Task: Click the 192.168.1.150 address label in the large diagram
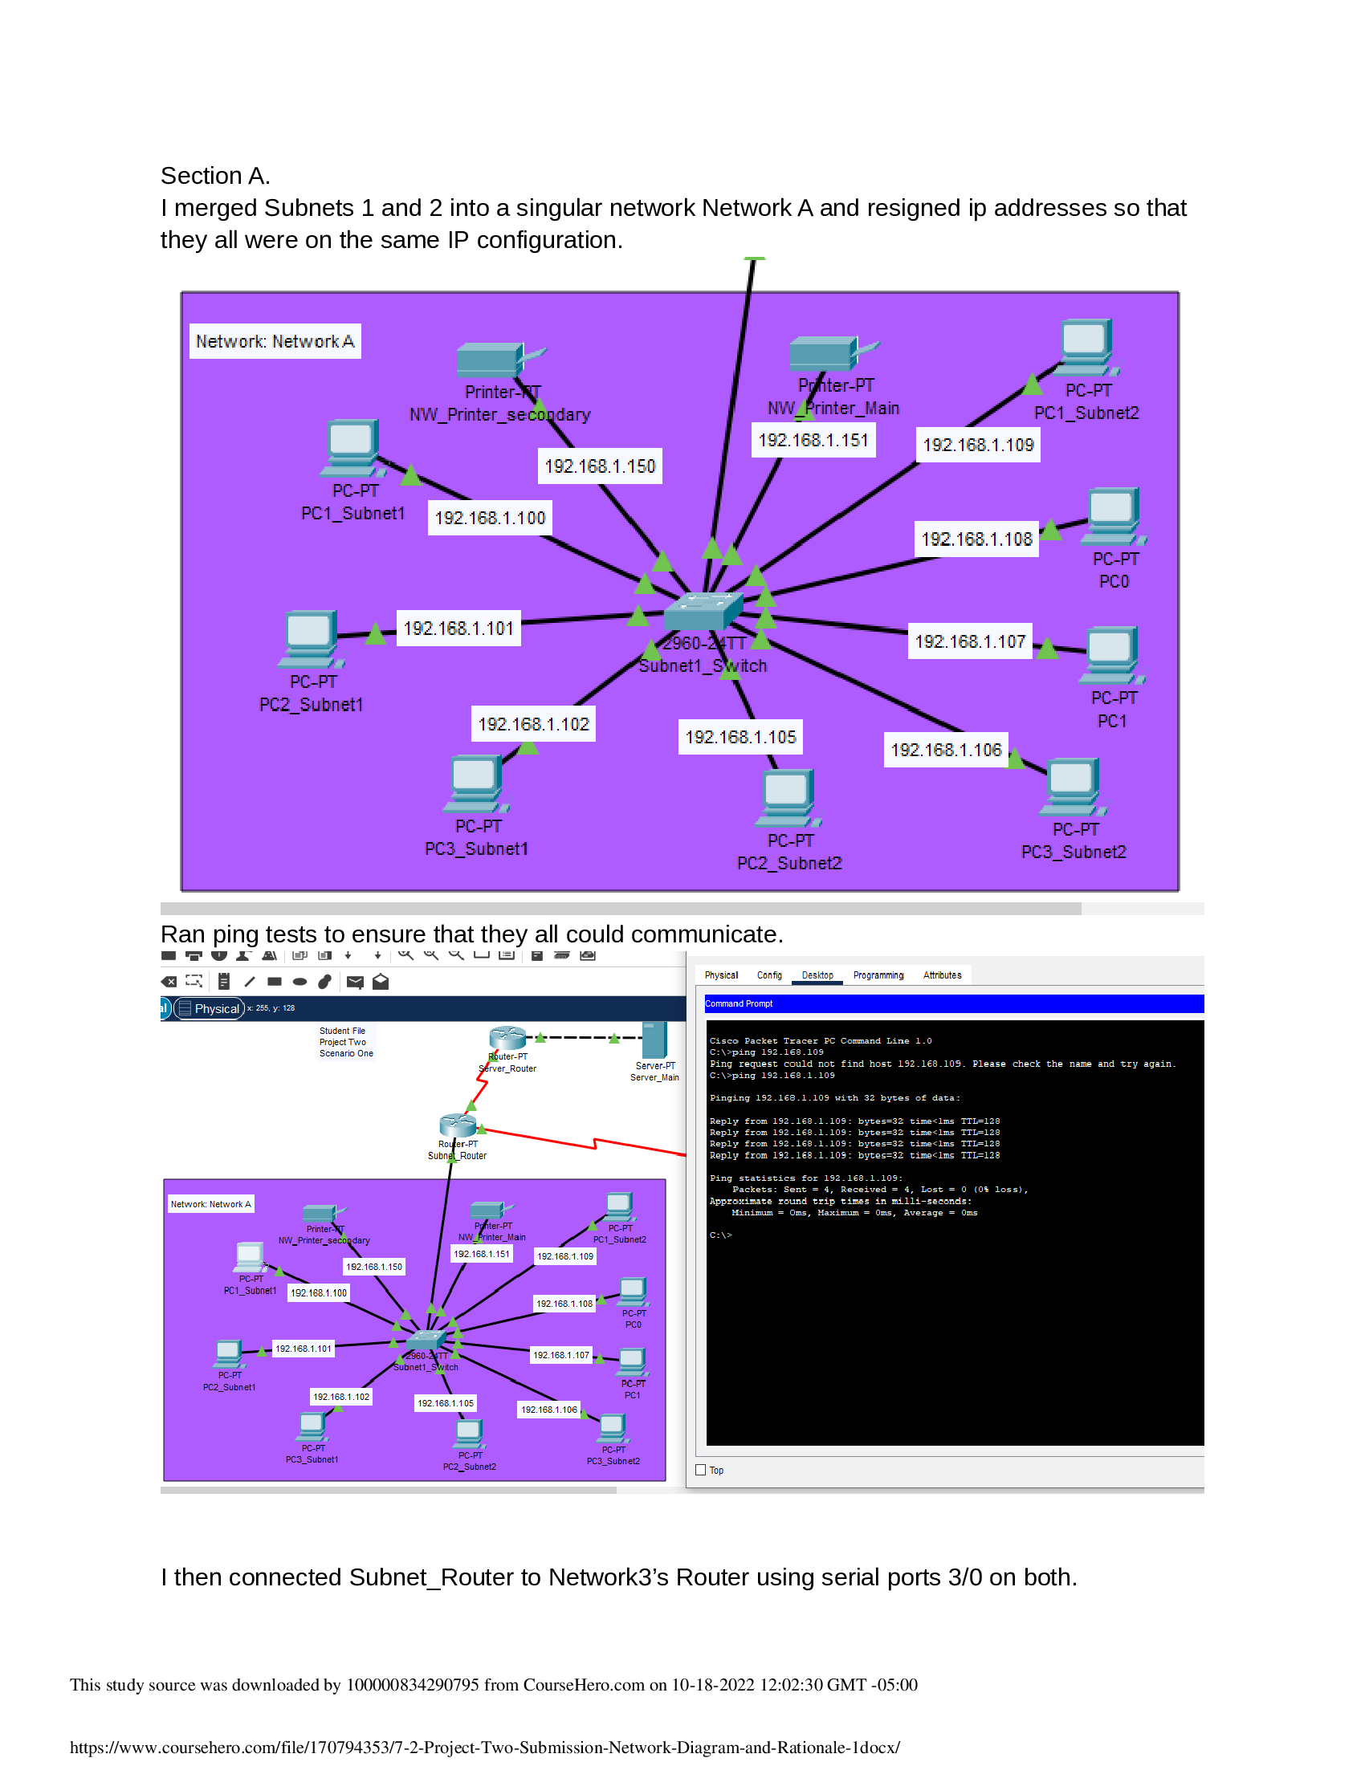pos(599,466)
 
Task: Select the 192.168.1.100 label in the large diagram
pos(489,519)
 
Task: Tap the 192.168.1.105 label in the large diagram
pos(740,738)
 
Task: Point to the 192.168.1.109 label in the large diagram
pos(978,446)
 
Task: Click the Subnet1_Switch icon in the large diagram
pos(702,611)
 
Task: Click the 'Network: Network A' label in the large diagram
pos(275,341)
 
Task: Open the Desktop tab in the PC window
pos(817,975)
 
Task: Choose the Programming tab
pos(878,975)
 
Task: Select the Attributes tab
pos(941,975)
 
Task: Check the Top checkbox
pos(700,1470)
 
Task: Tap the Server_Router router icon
pos(507,1037)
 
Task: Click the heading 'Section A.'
pos(215,177)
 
